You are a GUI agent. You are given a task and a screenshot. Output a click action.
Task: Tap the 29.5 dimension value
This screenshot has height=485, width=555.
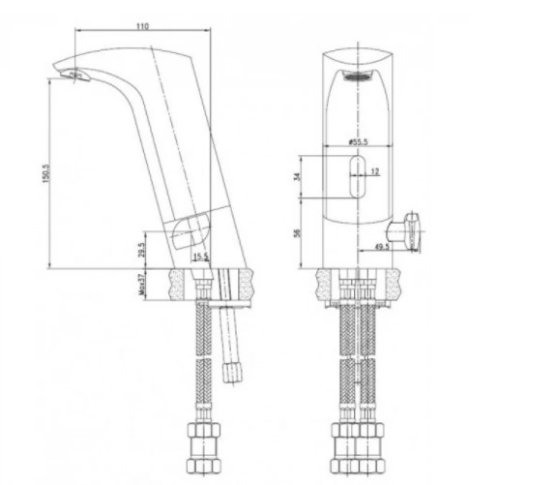[x=143, y=251]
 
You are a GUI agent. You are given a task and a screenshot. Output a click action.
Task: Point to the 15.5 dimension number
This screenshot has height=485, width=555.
[x=200, y=257]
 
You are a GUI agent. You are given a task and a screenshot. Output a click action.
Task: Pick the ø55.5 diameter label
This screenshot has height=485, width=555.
[x=360, y=141]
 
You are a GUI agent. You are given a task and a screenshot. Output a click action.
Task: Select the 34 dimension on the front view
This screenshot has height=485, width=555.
[x=297, y=176]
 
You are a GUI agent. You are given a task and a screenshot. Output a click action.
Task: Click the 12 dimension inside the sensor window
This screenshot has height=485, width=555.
[x=376, y=172]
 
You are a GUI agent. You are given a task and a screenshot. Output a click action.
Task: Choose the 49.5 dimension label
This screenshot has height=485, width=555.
[x=380, y=247]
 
